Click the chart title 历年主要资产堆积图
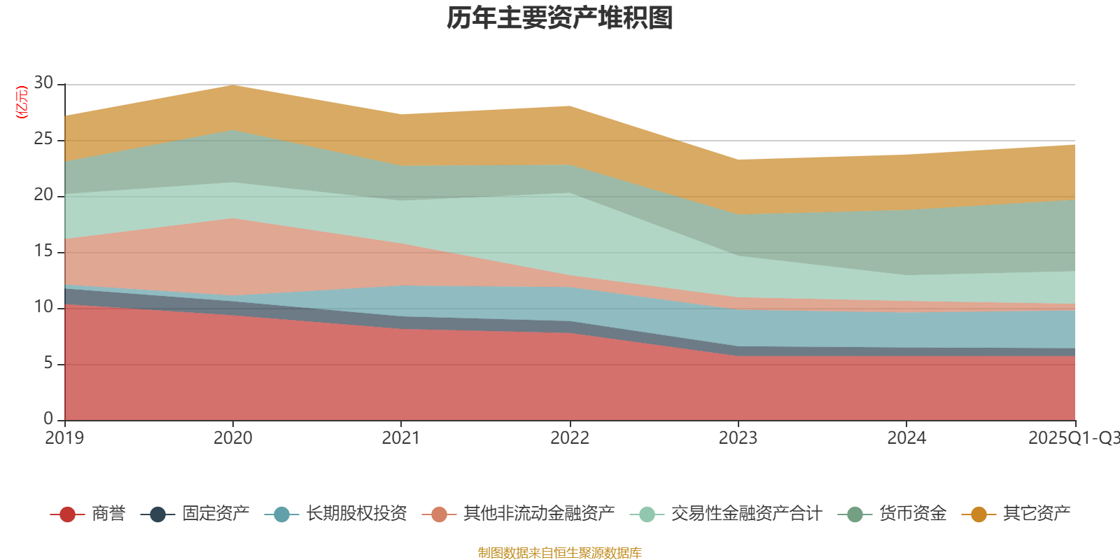point(560,18)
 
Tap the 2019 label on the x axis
point(64,438)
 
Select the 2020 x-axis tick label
point(233,438)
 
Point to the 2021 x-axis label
point(401,438)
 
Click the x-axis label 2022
point(570,438)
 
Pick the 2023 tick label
point(738,438)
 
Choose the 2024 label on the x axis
point(906,438)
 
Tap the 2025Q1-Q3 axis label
point(1073,438)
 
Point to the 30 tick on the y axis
point(43,83)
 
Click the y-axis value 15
point(43,251)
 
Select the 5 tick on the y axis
point(48,363)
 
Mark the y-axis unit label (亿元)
point(22,102)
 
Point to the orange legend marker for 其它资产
point(979,514)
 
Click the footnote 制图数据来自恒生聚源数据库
point(560,553)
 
